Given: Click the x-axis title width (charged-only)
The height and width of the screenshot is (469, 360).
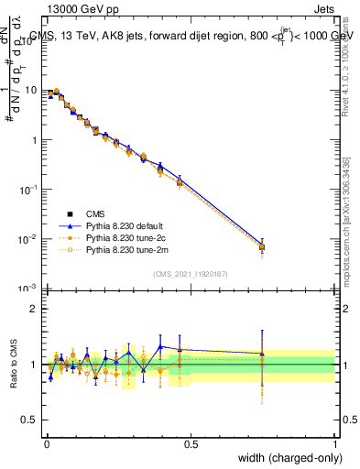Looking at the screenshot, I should point(286,458).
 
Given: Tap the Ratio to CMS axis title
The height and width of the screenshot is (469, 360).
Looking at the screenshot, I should point(15,364).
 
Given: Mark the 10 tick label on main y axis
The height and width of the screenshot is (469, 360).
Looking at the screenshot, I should point(32,91).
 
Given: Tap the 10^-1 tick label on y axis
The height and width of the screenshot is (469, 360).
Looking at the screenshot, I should point(29,190).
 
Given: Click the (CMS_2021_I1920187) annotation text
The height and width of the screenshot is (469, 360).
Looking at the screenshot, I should point(191,274).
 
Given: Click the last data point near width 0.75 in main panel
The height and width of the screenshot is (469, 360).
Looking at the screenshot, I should point(262,246).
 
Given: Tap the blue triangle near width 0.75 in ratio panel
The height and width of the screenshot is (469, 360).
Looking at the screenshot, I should point(262,353).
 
